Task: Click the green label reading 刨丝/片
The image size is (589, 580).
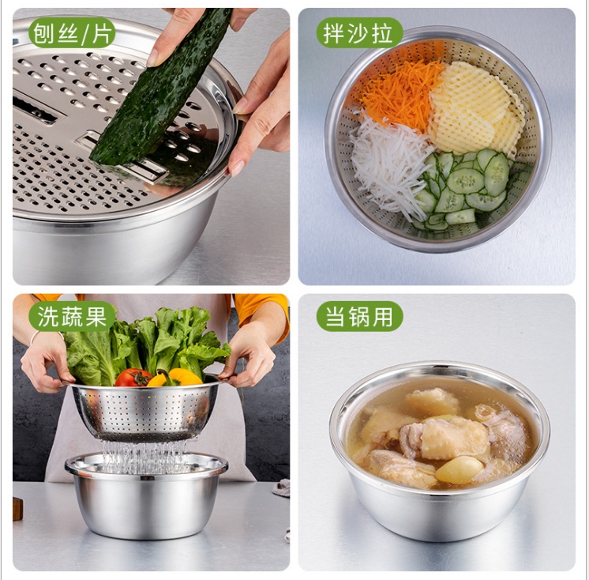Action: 72,33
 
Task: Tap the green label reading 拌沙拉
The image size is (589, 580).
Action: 358,33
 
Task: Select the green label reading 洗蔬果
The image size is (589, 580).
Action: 72,317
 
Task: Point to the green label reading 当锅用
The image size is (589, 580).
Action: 359,317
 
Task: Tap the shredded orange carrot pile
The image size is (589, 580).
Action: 400,93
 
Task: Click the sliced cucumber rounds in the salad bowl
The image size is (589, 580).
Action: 466,188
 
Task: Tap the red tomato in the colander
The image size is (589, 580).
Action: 133,378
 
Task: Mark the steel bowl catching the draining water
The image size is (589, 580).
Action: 147,495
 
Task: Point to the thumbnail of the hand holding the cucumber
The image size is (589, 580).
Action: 152,58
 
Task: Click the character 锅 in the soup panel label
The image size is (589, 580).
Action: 359,317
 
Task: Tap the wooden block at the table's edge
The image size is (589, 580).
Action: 17,508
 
